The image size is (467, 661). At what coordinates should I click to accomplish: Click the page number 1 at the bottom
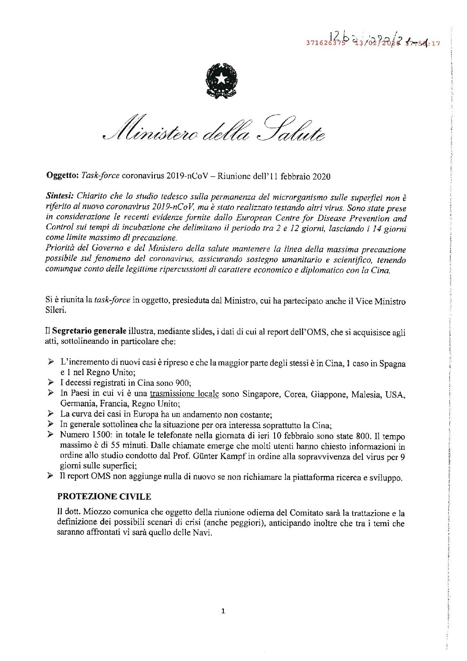(223, 612)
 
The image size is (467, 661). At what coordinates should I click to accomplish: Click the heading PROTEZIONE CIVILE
(104, 497)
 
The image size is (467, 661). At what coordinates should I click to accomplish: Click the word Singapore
(261, 394)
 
